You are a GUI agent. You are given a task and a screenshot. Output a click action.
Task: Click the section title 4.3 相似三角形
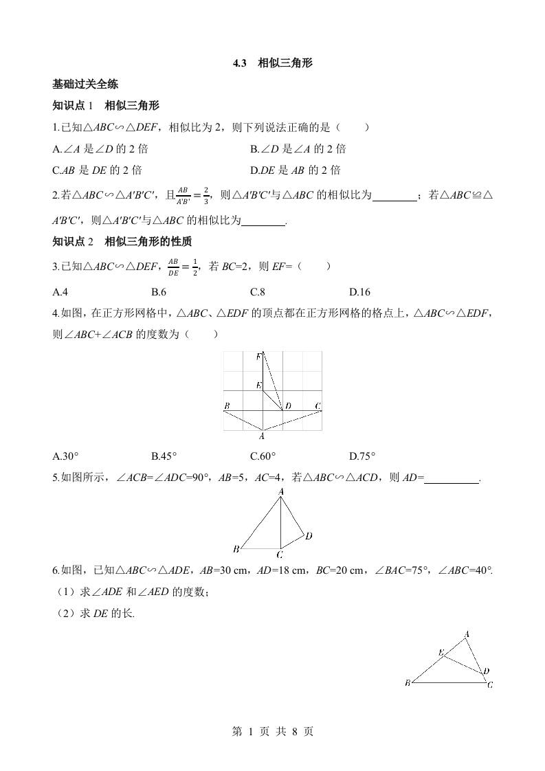[x=272, y=63]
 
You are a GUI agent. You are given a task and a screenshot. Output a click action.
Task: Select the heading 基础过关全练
[x=85, y=85]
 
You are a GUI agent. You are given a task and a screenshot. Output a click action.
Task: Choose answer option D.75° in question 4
[x=362, y=456]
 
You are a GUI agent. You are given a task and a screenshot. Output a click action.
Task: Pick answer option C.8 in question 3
[x=258, y=291]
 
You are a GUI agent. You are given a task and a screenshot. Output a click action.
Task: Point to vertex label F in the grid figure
[x=258, y=356]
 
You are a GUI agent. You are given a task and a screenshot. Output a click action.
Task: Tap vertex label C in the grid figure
[x=318, y=406]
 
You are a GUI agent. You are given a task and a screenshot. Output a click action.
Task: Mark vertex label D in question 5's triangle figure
[x=309, y=535]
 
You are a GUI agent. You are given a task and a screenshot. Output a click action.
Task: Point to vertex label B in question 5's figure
[x=236, y=548]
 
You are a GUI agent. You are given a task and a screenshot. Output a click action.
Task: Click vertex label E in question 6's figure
[x=441, y=652]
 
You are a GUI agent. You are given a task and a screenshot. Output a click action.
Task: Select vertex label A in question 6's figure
[x=467, y=634]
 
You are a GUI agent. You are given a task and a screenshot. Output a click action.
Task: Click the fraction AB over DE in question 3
[x=173, y=266]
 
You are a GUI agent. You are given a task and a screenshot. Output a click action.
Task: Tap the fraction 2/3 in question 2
[x=205, y=196]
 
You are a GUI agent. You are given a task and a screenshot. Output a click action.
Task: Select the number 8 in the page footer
[x=295, y=732]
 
